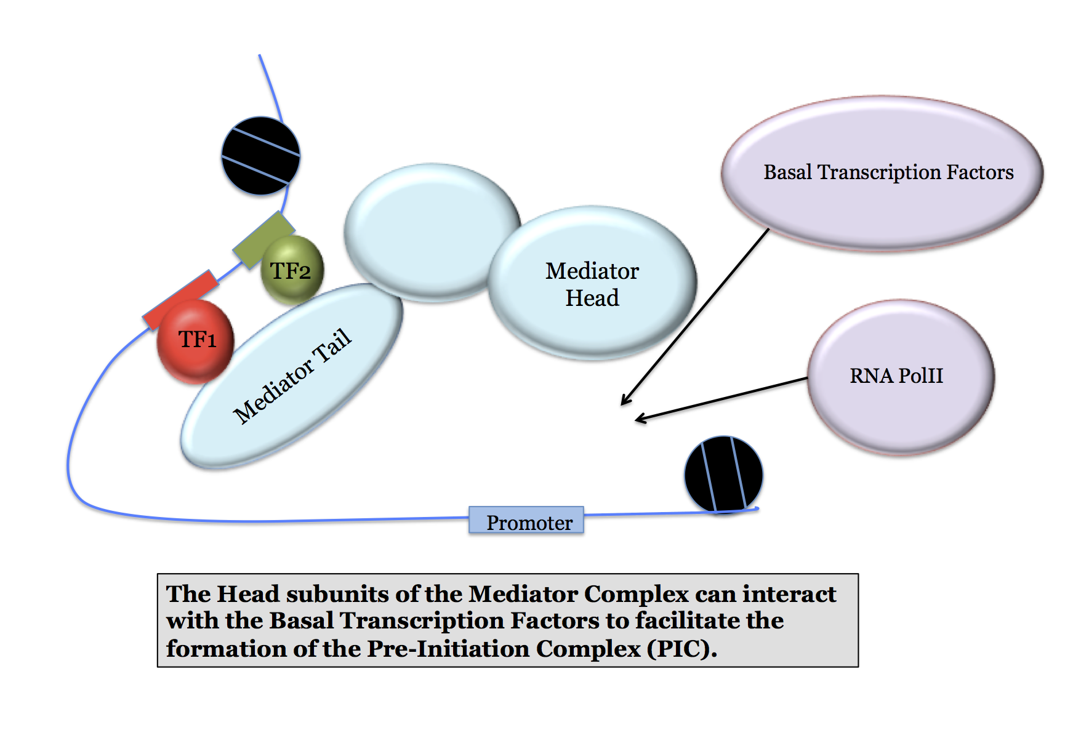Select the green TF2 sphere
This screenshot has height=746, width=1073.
tap(292, 270)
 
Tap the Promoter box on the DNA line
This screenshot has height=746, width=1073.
tap(526, 520)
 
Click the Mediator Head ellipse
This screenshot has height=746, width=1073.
tap(592, 283)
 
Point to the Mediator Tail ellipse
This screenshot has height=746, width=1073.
tap(291, 375)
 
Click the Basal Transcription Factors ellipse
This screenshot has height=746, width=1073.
tap(882, 173)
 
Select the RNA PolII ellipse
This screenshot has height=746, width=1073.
tap(901, 377)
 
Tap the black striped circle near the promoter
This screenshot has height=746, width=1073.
tap(724, 475)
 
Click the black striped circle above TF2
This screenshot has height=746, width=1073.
tap(261, 156)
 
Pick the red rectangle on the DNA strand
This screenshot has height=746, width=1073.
tap(180, 300)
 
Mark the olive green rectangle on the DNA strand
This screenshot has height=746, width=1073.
tap(263, 240)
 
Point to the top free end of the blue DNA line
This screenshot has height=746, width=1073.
tap(259, 55)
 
